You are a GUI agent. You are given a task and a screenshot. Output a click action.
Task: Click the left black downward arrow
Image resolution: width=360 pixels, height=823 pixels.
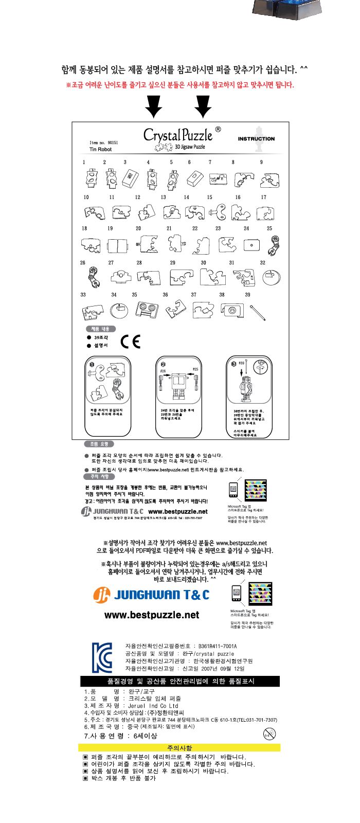(x=154, y=106)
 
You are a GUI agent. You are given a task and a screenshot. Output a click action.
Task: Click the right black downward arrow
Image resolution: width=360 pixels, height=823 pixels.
(x=204, y=106)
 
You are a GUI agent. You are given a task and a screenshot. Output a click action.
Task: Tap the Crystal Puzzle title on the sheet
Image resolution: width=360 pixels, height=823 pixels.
(x=178, y=135)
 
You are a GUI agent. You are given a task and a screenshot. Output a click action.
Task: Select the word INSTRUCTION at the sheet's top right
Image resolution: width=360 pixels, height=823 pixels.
(x=256, y=139)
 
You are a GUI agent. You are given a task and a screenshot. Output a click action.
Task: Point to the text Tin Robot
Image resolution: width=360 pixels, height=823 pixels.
(x=100, y=150)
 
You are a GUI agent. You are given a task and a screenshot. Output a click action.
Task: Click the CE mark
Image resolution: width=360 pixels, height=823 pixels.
(x=130, y=342)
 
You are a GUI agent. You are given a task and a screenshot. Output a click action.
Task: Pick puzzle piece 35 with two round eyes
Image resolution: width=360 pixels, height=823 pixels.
(x=147, y=309)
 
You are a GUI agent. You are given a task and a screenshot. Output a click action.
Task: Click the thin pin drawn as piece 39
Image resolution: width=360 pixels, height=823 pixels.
(x=257, y=311)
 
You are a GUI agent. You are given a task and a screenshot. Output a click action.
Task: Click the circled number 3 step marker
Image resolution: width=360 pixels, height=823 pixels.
(x=233, y=364)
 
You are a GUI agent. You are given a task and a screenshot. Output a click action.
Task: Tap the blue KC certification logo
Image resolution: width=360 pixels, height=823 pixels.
(x=102, y=657)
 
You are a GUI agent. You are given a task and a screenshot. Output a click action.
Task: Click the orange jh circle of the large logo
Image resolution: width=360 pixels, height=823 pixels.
(x=101, y=595)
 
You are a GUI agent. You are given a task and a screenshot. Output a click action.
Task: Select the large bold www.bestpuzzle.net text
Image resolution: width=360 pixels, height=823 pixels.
(x=151, y=615)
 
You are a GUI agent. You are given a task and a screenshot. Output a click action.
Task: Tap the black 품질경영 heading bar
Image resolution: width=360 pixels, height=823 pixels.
(x=180, y=681)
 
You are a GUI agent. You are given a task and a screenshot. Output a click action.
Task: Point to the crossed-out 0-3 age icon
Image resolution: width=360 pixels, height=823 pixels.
(x=268, y=733)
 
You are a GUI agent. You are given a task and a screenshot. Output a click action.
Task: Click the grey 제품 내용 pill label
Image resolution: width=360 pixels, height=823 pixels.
(x=100, y=329)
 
